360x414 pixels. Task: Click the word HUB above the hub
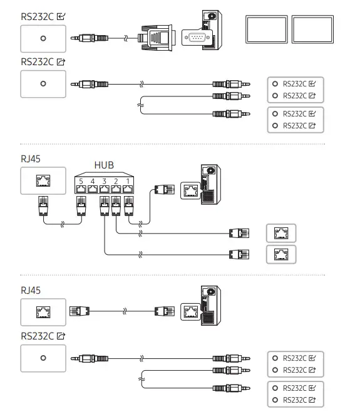click(x=105, y=165)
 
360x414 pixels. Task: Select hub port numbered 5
click(x=80, y=186)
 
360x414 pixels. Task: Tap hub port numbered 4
click(x=92, y=186)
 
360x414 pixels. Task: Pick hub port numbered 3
click(x=104, y=186)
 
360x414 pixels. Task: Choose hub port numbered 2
click(x=116, y=186)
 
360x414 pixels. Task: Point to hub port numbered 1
click(x=128, y=186)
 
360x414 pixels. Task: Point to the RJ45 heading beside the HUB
click(x=31, y=158)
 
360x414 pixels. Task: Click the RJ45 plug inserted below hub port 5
click(x=80, y=205)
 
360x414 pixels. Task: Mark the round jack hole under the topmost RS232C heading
click(x=43, y=38)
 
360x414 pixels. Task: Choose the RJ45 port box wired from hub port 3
click(x=281, y=254)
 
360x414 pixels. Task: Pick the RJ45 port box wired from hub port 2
click(x=281, y=233)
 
